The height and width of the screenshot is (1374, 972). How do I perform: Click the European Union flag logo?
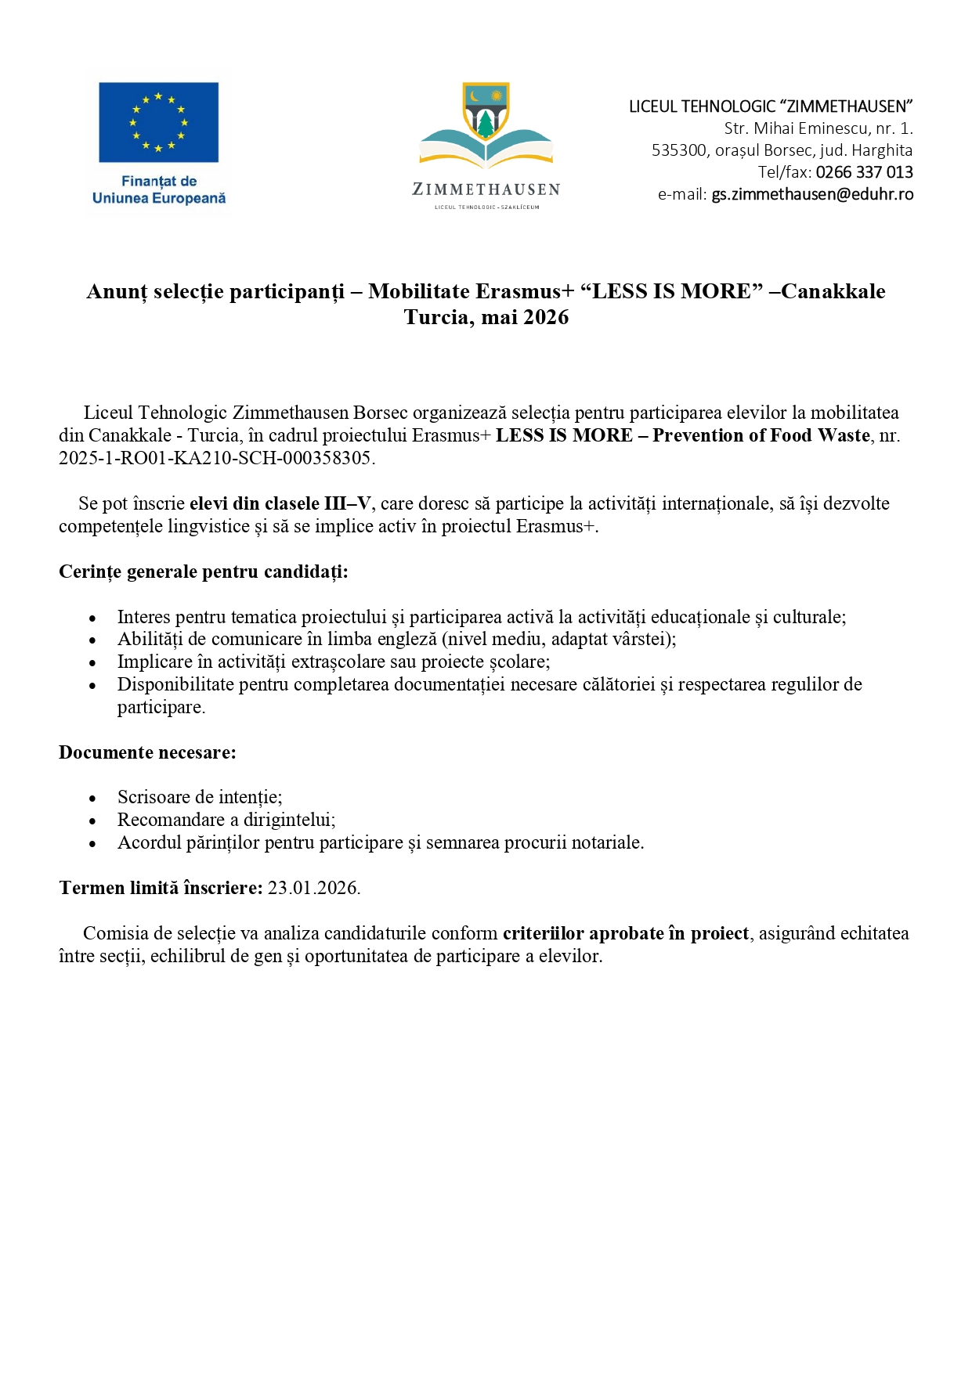[x=158, y=122]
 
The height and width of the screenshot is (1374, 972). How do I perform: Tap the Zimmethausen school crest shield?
[x=486, y=110]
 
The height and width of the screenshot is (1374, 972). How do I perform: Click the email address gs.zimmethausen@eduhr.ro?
[x=811, y=195]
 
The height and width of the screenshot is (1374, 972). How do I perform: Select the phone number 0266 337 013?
[x=864, y=172]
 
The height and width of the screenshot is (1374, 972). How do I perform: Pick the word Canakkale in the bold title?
[x=833, y=291]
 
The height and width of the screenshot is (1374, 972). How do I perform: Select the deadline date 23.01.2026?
[x=313, y=888]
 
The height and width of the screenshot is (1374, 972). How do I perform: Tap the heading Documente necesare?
[x=147, y=752]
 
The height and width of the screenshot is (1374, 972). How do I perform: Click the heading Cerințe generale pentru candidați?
[x=203, y=572]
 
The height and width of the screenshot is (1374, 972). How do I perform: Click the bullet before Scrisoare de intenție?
[x=92, y=799]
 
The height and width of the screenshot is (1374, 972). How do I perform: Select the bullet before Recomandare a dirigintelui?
[x=92, y=821]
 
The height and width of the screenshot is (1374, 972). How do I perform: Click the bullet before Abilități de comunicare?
[x=92, y=640]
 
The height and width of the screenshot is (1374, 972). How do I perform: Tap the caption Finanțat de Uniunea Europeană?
[x=159, y=189]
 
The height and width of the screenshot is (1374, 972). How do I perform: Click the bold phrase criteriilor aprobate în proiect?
[x=625, y=933]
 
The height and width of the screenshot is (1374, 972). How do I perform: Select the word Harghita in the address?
[x=882, y=150]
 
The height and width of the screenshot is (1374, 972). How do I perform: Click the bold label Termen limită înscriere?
[x=161, y=888]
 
